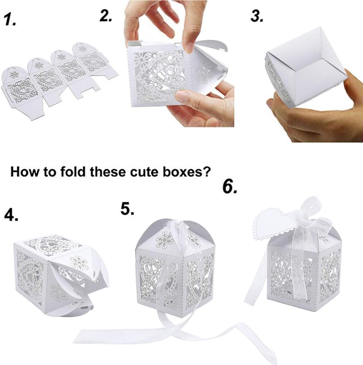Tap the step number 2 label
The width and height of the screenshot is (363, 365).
106,16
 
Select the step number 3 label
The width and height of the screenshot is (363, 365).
257,16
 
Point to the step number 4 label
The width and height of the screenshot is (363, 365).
11,215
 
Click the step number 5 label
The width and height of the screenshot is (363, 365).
128,209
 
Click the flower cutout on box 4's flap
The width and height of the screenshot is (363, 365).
79,263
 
